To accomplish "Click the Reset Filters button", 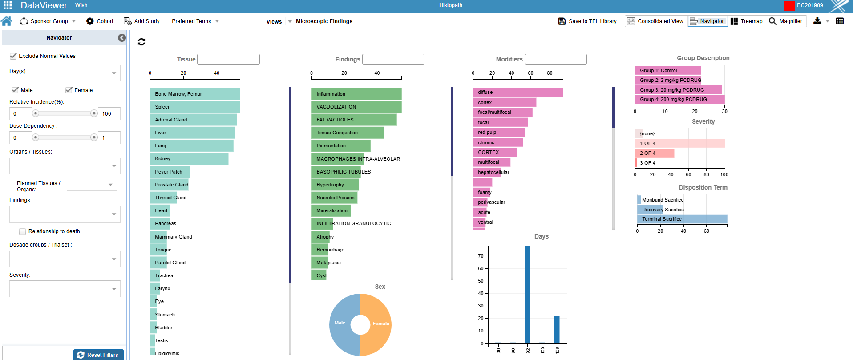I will [x=98, y=355].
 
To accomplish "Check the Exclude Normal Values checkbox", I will [x=13, y=56].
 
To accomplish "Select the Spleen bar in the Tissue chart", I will [x=195, y=107].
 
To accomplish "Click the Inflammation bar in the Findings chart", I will [x=356, y=94].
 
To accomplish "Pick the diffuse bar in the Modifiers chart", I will [x=517, y=92].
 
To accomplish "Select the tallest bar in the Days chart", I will [x=527, y=294].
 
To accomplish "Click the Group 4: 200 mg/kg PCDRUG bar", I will [x=679, y=99].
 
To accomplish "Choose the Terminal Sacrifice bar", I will [x=682, y=219].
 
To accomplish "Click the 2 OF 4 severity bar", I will [x=654, y=153].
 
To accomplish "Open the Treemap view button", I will [x=747, y=21].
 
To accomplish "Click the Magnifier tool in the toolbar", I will [x=786, y=21].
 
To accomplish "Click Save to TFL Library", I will [x=587, y=21].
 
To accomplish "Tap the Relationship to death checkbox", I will [x=22, y=231].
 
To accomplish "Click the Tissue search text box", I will [x=228, y=59].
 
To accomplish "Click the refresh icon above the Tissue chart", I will [x=141, y=42].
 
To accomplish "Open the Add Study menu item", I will [x=141, y=21].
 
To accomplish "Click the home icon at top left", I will [x=7, y=21].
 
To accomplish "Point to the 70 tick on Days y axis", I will [x=481, y=256].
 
